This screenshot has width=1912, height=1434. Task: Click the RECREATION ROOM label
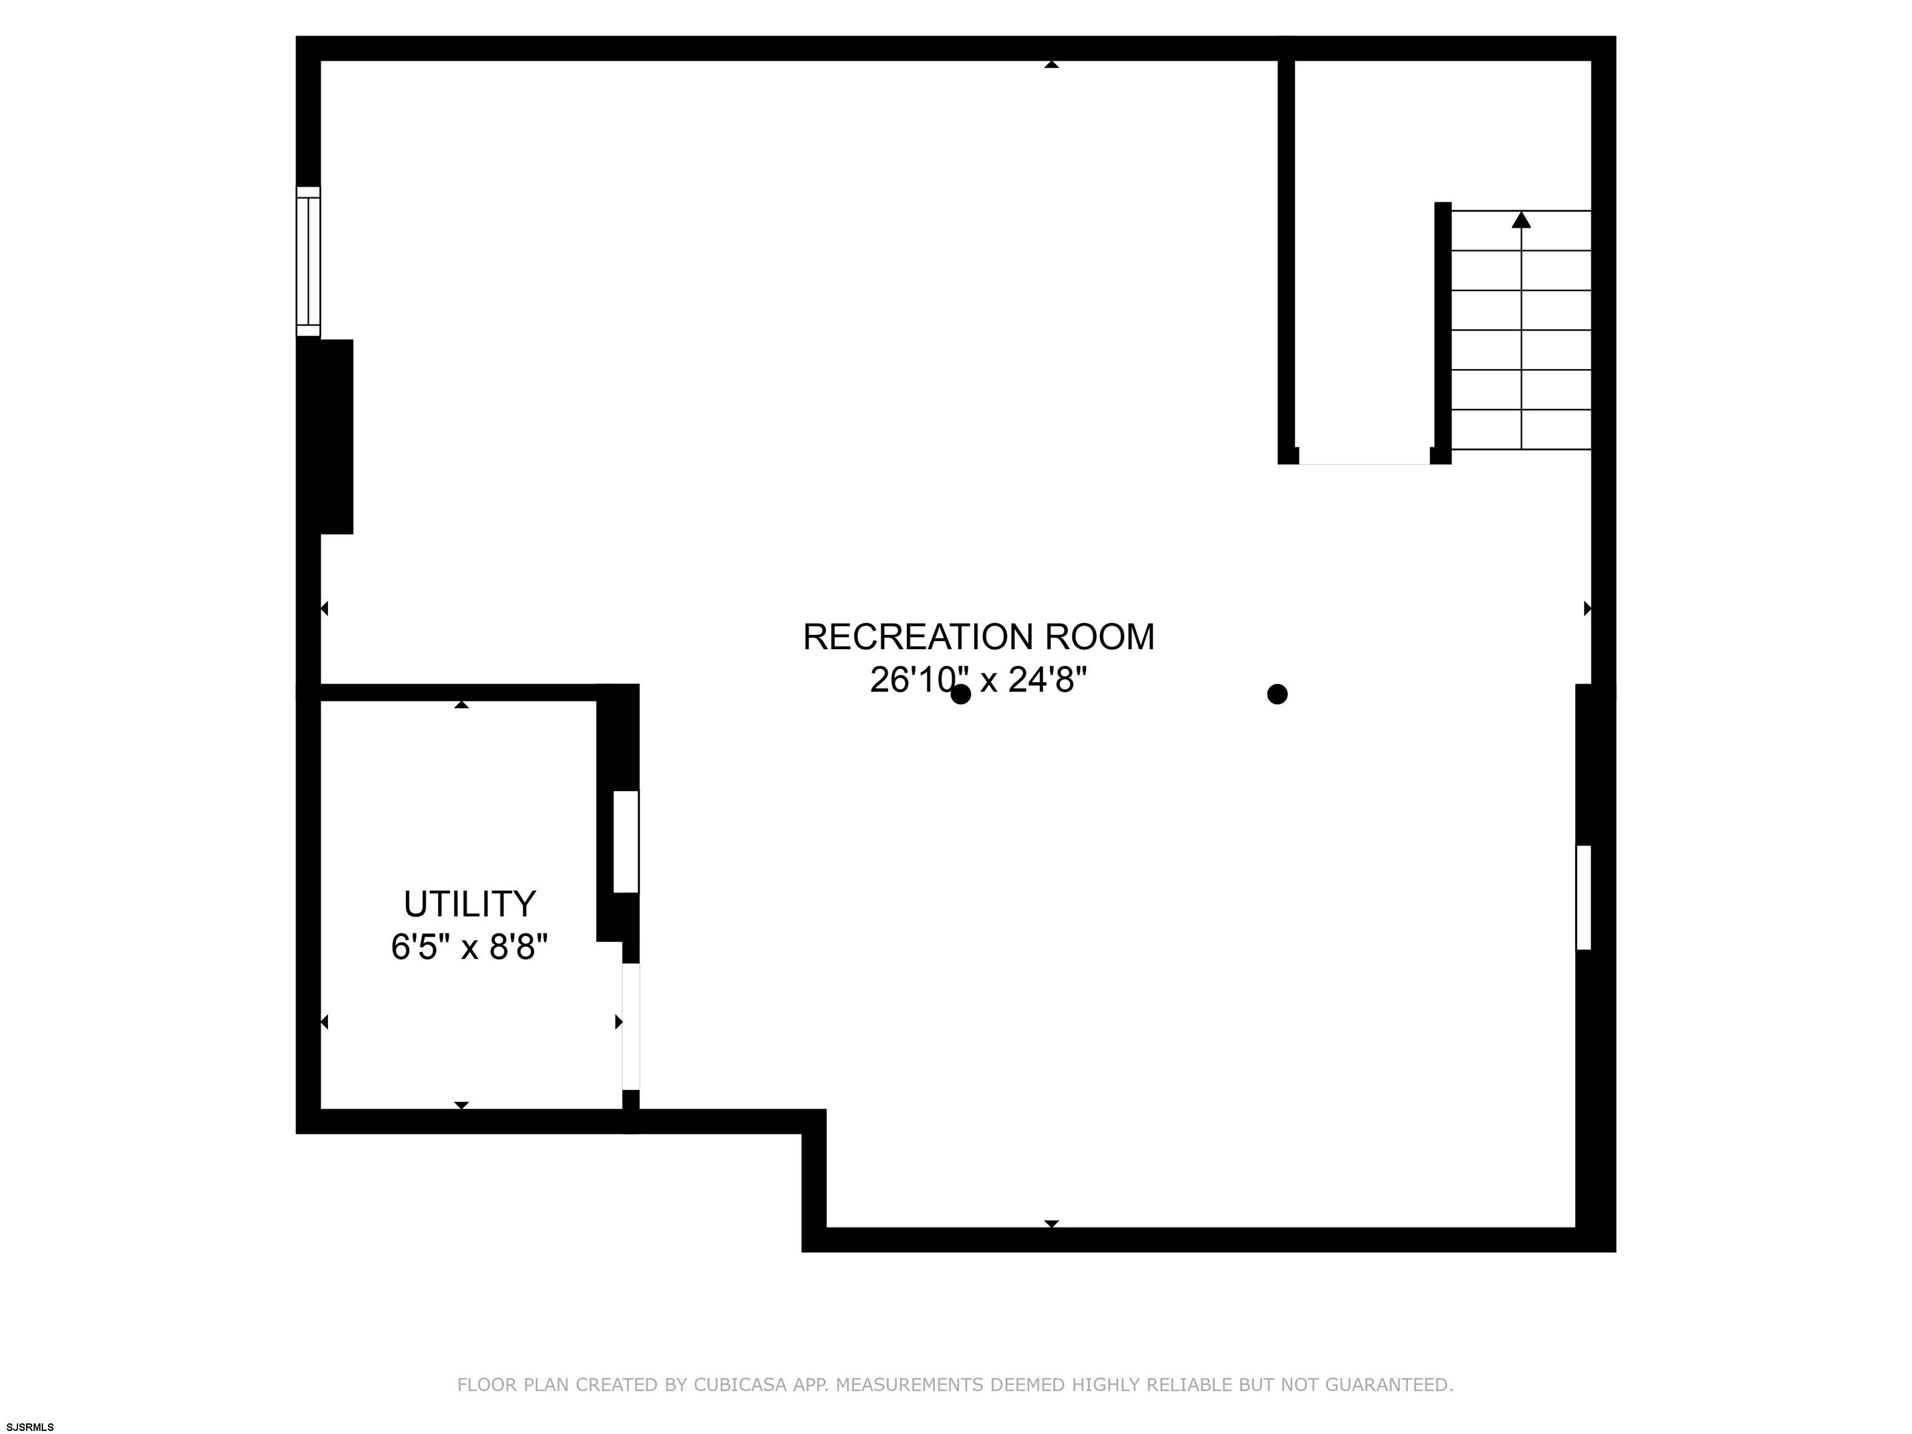[x=978, y=637]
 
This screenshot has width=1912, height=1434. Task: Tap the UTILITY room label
[x=469, y=904]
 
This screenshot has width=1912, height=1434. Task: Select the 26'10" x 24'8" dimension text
[x=978, y=680]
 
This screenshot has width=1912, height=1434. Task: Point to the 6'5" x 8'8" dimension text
[x=469, y=947]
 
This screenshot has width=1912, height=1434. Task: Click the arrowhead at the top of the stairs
[x=1521, y=220]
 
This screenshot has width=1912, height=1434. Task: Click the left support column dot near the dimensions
[x=960, y=694]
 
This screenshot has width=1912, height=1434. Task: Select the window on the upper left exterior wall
[x=307, y=261]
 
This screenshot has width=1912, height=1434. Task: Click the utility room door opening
[x=631, y=1026]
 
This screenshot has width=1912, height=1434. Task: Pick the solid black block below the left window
[x=325, y=436]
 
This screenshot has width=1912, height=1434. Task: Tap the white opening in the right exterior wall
[x=1583, y=897]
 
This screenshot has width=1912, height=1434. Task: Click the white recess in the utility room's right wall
[x=626, y=841]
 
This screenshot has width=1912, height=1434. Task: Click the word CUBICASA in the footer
[x=740, y=1385]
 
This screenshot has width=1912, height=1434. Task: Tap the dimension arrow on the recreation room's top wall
[x=1051, y=64]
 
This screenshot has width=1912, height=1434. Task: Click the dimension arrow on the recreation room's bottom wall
[x=1051, y=1224]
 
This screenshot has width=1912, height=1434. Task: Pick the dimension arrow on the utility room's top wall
[x=462, y=705]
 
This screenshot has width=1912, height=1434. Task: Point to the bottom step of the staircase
[x=1521, y=429]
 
